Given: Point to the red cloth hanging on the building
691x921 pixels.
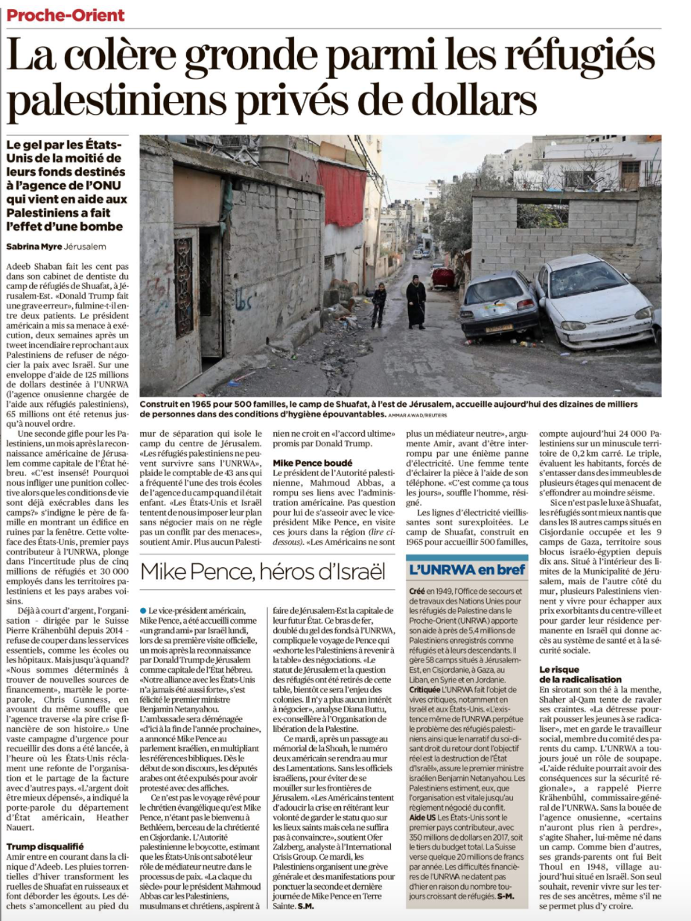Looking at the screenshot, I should tap(342, 193).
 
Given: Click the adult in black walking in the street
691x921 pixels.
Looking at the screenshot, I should tap(415, 302).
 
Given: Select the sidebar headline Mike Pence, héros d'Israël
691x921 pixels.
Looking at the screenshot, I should tap(263, 572).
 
